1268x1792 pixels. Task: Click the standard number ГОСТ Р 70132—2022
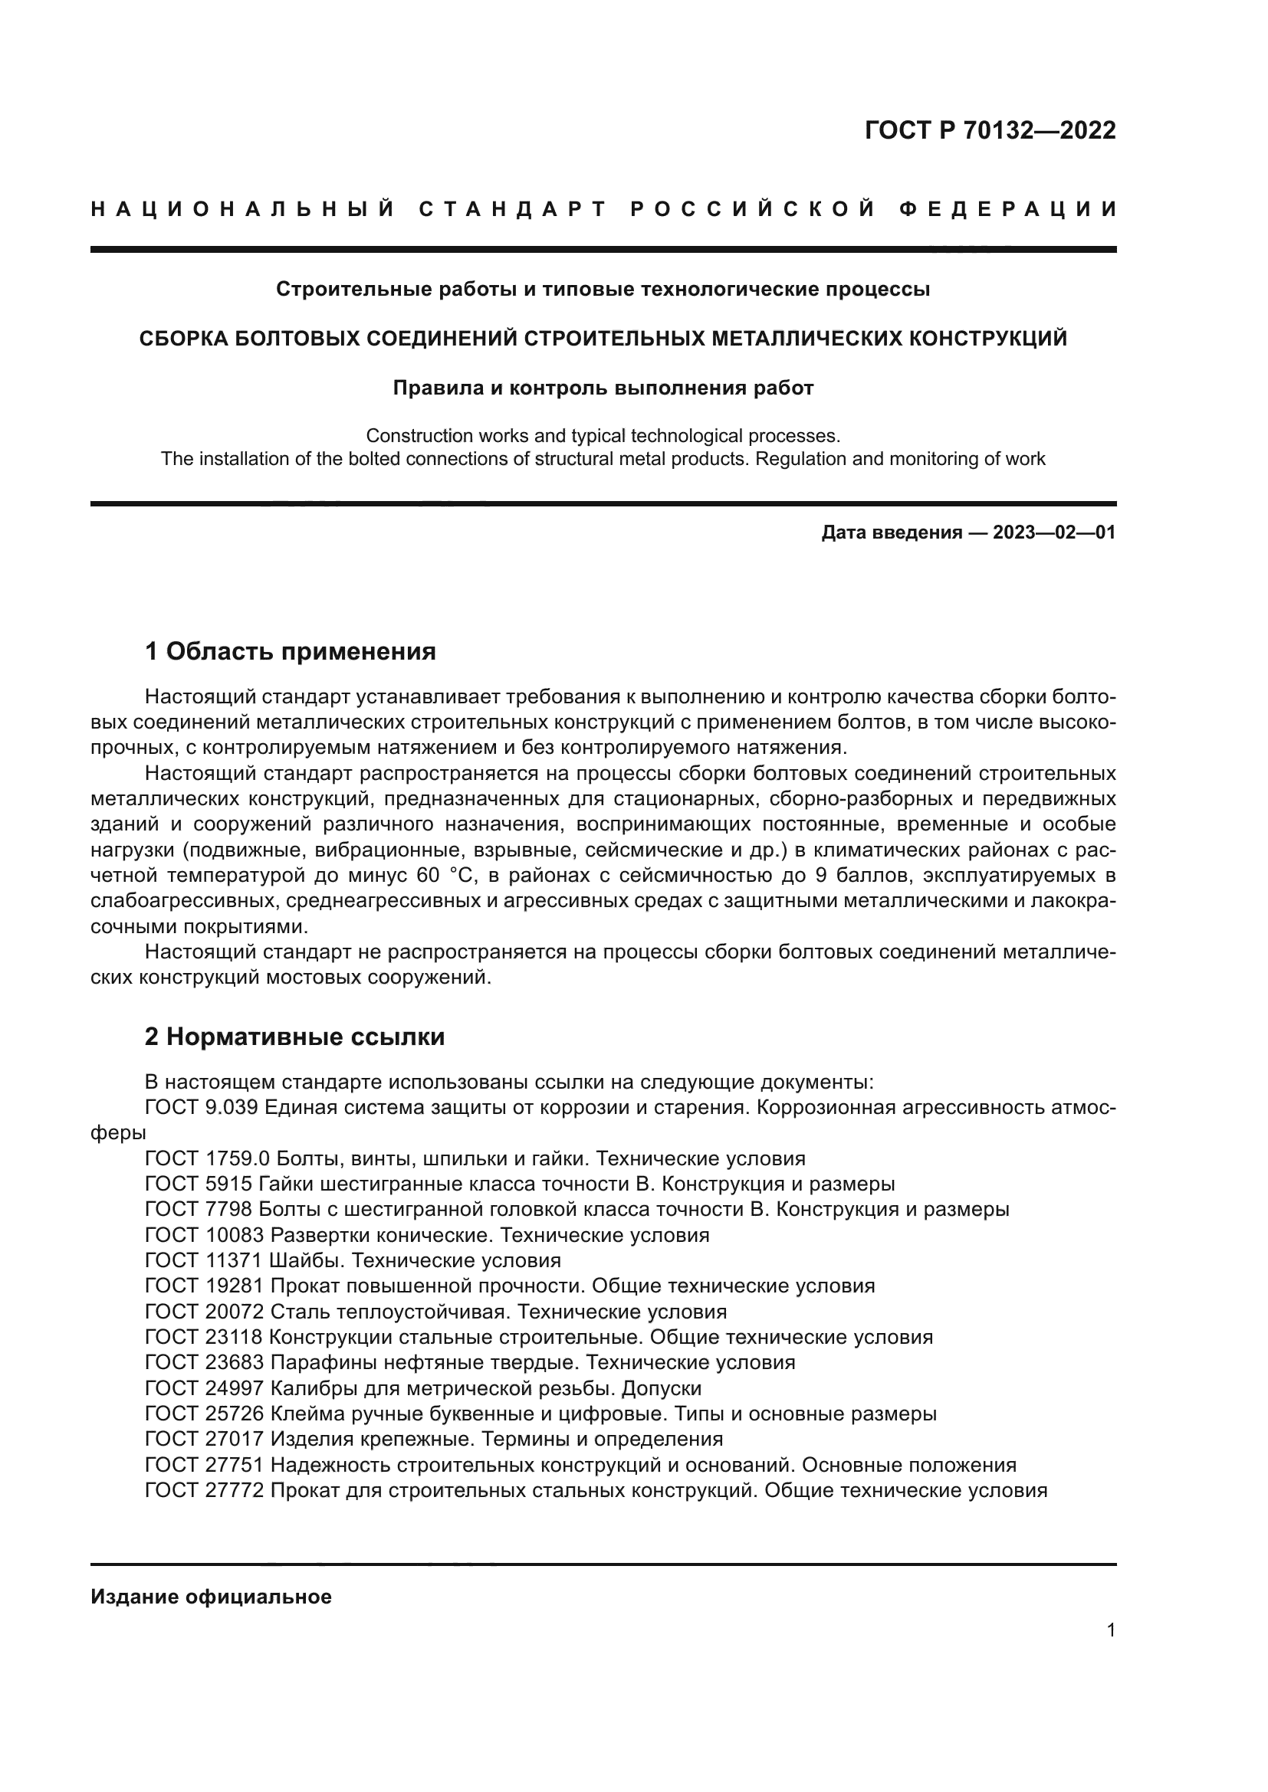pos(990,130)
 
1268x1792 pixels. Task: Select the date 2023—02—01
pos(1054,533)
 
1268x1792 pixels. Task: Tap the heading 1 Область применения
pos(291,651)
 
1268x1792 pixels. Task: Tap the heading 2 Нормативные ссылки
pos(295,1037)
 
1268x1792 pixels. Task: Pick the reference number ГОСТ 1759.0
pos(207,1158)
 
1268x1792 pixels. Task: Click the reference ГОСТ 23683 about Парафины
pos(204,1362)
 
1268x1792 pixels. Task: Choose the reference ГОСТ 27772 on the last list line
pos(204,1490)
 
